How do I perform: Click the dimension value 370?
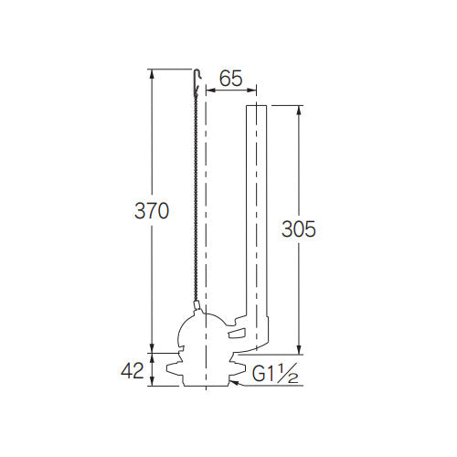152,211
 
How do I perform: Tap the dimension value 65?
231,80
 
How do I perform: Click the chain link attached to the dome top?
197,306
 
